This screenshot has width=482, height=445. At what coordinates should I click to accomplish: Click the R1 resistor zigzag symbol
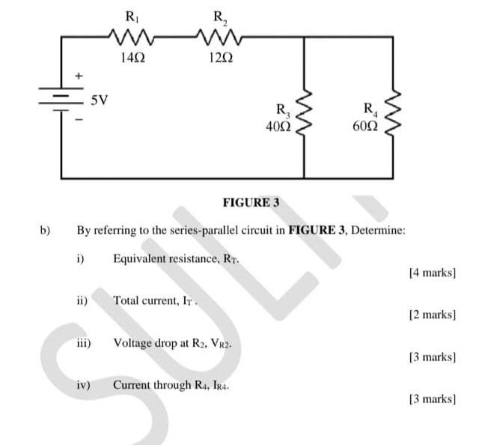(131, 34)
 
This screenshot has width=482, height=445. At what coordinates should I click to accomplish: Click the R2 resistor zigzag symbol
(216, 34)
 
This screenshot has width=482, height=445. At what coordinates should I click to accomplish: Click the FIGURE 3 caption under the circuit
(251, 202)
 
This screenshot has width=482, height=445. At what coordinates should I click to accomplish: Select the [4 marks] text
(433, 273)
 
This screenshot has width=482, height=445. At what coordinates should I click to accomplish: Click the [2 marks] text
(433, 315)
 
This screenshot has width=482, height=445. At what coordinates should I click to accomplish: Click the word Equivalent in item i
(141, 259)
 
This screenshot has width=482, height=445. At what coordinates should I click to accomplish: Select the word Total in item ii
(125, 300)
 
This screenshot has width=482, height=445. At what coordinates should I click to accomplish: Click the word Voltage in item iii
(131, 343)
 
